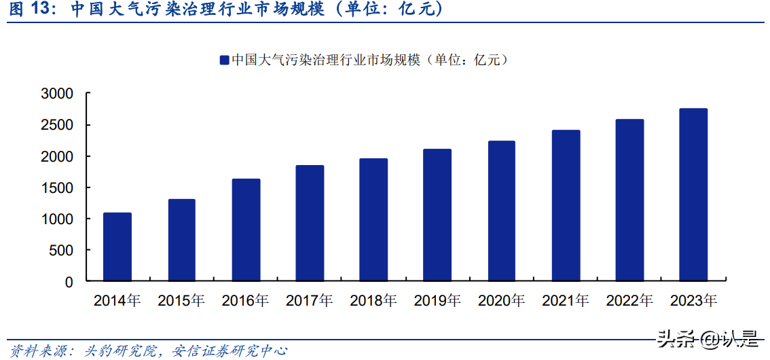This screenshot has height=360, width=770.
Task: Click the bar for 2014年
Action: (x=117, y=247)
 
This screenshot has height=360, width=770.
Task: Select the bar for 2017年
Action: (x=310, y=223)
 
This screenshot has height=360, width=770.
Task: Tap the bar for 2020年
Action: (x=501, y=211)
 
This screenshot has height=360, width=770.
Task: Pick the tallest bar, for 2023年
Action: (x=693, y=194)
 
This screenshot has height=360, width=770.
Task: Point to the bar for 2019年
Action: (x=437, y=215)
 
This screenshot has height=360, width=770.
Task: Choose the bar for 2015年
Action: (x=181, y=240)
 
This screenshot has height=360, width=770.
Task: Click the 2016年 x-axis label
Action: (x=245, y=300)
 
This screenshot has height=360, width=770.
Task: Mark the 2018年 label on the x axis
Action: (x=373, y=300)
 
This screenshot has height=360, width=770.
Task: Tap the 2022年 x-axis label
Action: (x=629, y=300)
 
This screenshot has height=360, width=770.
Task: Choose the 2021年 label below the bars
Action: (x=566, y=300)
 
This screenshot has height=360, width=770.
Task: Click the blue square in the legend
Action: (x=223, y=60)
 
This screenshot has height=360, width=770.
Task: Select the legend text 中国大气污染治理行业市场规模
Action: (x=326, y=60)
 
